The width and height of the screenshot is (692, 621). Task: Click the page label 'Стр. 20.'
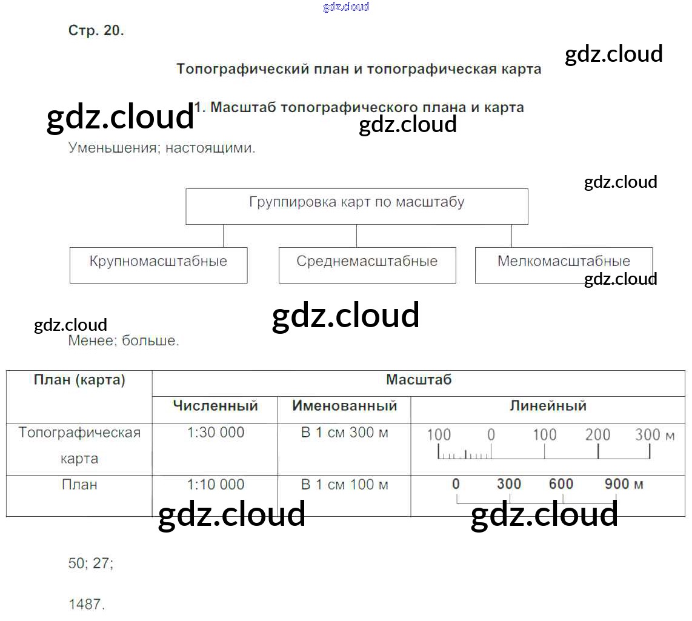tap(96, 30)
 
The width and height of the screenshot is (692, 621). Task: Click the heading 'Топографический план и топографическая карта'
tap(358, 69)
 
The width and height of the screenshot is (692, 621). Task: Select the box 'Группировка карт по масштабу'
tap(356, 207)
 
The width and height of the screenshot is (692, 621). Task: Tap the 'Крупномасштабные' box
tap(158, 265)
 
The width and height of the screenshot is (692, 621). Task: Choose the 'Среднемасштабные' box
tap(367, 265)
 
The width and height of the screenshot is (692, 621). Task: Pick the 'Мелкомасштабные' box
tap(564, 265)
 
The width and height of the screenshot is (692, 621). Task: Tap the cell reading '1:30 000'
tap(215, 433)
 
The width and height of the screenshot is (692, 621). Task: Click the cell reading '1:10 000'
tap(215, 485)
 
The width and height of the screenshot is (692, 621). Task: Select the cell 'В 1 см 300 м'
tap(344, 433)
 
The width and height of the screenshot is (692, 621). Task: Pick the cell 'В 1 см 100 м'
tap(344, 485)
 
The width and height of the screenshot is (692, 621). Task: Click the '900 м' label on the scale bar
tap(624, 484)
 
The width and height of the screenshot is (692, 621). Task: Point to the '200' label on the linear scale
tap(597, 435)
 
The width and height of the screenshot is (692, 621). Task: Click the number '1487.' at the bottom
tap(87, 604)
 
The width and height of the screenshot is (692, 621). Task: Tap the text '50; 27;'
tap(90, 563)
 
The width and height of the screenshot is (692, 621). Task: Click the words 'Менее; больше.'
tap(124, 340)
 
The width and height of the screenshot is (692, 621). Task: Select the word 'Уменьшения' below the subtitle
tap(113, 148)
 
